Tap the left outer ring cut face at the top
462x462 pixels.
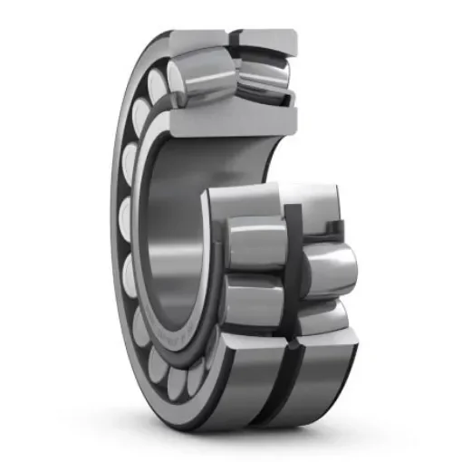pos(196,39)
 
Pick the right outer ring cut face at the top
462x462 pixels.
pos(267,39)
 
